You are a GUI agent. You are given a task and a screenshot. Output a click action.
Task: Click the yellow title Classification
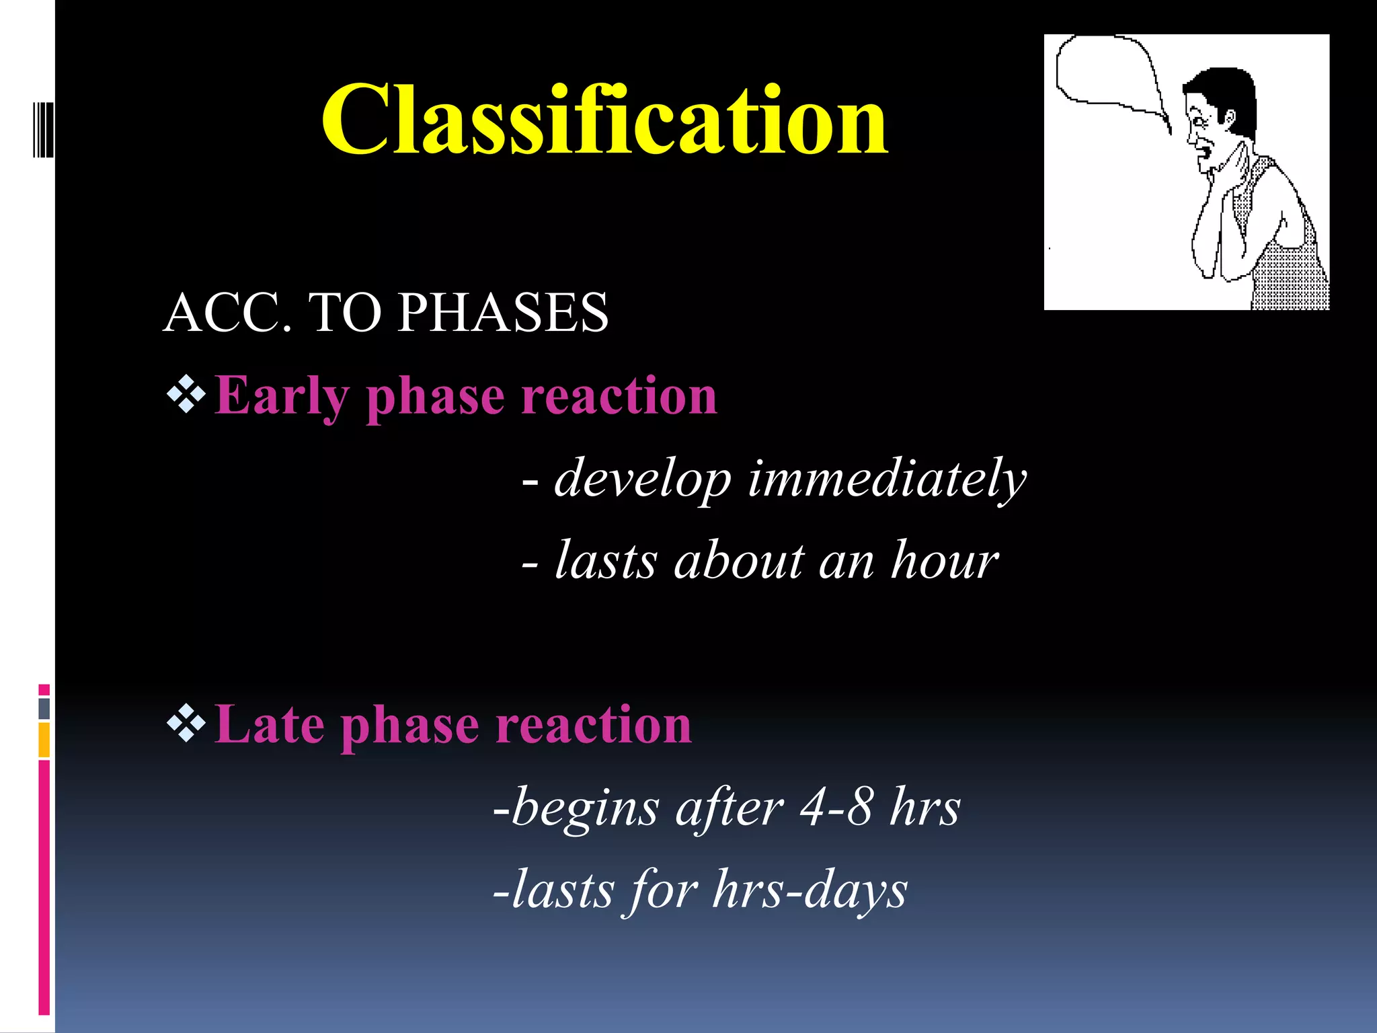tap(605, 121)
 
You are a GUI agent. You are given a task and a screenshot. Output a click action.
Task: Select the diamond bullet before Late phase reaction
tap(186, 724)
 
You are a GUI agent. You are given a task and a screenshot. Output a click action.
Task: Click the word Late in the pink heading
tap(269, 725)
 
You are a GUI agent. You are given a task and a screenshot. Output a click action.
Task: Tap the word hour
tap(945, 560)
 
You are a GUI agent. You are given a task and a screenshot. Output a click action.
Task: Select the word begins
tap(585, 808)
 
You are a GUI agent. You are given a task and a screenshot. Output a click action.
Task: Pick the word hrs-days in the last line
tap(810, 890)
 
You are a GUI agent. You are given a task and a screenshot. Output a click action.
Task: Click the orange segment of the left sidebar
tap(44, 740)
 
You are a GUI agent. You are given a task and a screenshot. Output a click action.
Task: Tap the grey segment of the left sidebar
tap(44, 708)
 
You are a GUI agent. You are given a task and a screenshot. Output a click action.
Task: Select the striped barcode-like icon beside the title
tap(43, 129)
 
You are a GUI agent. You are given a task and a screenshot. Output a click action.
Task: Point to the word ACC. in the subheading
tap(229, 313)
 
